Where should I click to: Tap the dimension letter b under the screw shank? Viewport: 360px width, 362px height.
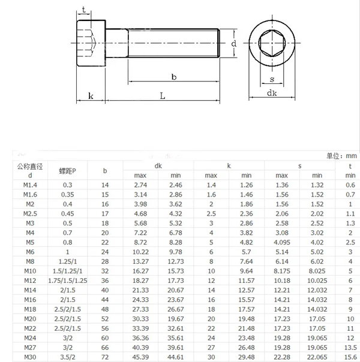(x=173, y=76)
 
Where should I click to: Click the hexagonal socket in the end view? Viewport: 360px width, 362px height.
(x=272, y=44)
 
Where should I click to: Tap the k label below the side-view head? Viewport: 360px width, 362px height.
(x=90, y=96)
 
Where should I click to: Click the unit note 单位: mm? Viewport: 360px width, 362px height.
(x=341, y=156)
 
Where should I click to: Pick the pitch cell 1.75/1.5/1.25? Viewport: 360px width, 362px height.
(x=67, y=280)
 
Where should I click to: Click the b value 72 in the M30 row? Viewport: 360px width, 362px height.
(x=106, y=357)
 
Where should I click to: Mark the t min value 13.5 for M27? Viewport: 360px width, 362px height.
(x=350, y=348)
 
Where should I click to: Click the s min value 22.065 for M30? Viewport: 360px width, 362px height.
(x=316, y=357)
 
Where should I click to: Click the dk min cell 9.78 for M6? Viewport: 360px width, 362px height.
(x=175, y=252)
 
